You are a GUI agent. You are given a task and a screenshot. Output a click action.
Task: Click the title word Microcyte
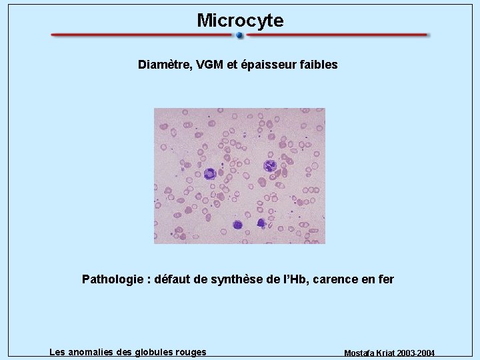tap(240, 21)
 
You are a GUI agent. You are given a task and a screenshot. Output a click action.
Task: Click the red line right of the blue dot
tap(337, 35)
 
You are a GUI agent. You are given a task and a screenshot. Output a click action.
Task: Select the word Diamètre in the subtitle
tap(164, 65)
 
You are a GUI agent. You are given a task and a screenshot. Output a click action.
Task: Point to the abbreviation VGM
tap(210, 65)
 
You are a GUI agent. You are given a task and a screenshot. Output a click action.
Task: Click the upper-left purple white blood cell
tap(211, 173)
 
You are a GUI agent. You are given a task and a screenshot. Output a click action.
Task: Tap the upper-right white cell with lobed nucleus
tap(270, 165)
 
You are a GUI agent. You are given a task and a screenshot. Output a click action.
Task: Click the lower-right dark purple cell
tap(261, 223)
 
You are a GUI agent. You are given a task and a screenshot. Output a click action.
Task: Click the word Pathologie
tap(113, 279)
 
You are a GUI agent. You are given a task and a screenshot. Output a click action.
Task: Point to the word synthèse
tap(237, 279)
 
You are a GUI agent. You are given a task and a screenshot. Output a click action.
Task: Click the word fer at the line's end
tap(386, 279)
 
